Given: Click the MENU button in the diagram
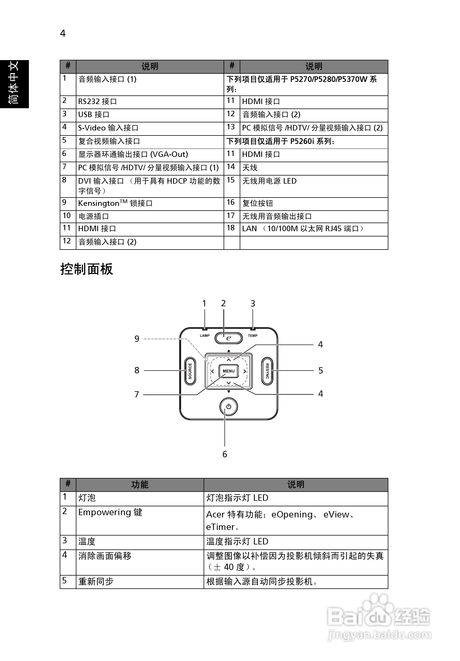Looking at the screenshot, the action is (229, 371).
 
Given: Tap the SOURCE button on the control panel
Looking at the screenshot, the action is (190, 371).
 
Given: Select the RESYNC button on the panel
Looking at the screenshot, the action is (267, 371).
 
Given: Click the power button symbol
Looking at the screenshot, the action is (229, 406).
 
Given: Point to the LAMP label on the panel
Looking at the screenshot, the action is (205, 336).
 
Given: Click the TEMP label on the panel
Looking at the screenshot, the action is (253, 336).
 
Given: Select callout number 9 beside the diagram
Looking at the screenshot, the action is (137, 339).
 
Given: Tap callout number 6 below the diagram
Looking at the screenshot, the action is (225, 454).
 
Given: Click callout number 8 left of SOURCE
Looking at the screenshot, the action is (137, 370).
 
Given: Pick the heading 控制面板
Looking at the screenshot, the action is (87, 269).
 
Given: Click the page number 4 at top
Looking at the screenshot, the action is (63, 34).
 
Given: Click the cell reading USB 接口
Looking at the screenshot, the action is (94, 115).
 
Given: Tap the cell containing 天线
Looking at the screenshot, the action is (250, 167).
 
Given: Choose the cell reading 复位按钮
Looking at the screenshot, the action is (257, 203).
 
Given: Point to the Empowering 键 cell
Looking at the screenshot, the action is (110, 512).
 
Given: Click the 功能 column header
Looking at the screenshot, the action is (140, 485).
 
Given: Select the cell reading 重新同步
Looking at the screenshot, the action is (96, 581).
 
